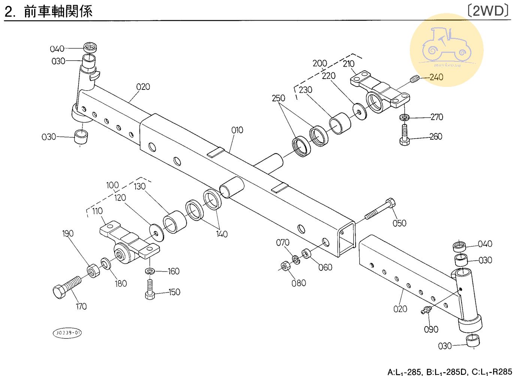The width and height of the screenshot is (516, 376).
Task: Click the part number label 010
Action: [237, 130]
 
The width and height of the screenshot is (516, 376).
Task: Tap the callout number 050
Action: [399, 223]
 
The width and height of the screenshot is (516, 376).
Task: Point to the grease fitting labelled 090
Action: [426, 310]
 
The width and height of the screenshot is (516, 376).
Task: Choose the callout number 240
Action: [436, 77]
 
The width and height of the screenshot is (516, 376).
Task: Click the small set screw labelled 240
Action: [413, 79]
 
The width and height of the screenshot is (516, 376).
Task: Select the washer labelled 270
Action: [404, 117]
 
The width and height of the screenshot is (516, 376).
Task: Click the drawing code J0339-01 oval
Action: [67, 333]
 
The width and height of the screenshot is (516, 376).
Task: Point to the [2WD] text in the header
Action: [488, 11]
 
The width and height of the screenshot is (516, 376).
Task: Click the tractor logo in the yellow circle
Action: [447, 46]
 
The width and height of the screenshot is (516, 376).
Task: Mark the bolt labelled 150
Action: [150, 290]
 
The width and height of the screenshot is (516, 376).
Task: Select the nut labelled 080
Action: [286, 267]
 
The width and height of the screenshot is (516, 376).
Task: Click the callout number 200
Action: [320, 63]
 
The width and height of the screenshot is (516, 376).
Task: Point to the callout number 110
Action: [97, 211]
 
